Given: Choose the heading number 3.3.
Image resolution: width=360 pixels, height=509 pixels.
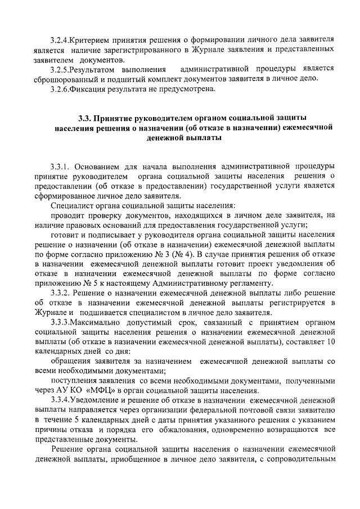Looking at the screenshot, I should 84,119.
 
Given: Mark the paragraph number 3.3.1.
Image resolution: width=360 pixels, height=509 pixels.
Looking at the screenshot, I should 60,167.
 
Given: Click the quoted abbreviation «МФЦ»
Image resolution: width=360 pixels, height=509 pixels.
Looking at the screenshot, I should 100,391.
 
